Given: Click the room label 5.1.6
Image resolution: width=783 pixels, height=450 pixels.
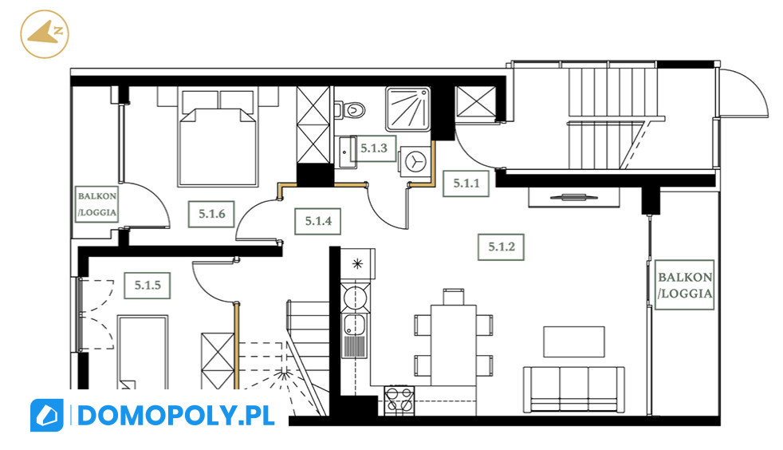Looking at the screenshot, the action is (212, 214).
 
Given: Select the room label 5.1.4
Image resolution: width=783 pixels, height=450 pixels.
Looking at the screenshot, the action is (318, 221).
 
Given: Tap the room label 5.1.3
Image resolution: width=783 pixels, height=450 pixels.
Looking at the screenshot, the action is (373, 148).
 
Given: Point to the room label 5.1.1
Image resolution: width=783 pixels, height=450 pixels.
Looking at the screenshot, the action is (466, 184).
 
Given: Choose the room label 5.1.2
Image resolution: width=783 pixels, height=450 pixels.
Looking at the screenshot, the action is (501, 247).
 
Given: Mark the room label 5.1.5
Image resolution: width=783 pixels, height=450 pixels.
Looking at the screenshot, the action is (148, 285).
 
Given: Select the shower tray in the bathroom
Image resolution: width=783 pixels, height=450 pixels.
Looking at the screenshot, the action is (408, 109).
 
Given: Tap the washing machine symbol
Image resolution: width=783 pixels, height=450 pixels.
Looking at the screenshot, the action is (415, 161).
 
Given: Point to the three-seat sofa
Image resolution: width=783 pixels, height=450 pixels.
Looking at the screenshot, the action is (574, 390).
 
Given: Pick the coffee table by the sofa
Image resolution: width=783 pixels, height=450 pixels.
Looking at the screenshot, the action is (574, 341).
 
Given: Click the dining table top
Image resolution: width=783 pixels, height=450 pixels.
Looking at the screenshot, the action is (454, 345).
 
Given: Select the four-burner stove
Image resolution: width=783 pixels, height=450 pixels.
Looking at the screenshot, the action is (399, 401).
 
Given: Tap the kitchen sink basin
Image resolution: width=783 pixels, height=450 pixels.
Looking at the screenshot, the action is (355, 324).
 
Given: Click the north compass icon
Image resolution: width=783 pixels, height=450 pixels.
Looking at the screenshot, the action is (45, 34).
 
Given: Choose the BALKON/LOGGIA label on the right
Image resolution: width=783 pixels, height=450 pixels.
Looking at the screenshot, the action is (684, 285).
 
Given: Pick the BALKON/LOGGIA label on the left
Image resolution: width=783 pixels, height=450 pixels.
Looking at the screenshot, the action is (96, 203).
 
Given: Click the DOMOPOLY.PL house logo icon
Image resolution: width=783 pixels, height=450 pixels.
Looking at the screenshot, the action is (46, 415).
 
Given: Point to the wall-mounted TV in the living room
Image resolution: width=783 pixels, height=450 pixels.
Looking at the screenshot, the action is (574, 197).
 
